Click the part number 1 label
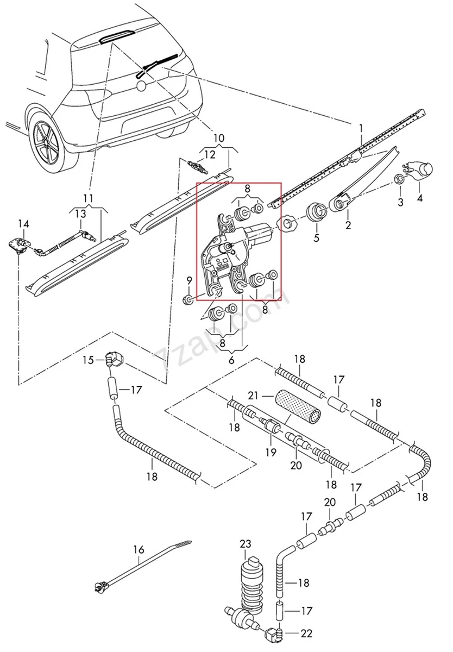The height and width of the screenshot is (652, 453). tap(360, 128)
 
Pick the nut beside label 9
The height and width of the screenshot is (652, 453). tap(188, 299)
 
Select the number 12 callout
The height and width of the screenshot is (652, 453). tap(210, 154)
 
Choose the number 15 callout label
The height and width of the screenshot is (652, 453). tap(89, 360)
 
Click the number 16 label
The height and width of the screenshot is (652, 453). tap(139, 550)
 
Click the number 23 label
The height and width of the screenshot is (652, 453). tap(246, 543)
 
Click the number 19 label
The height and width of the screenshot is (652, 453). tap(270, 452)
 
